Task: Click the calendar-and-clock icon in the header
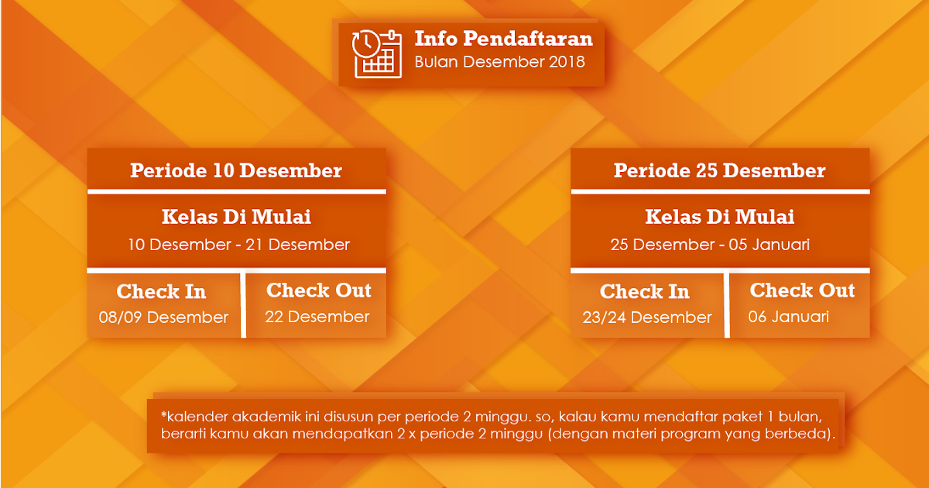point(376,54)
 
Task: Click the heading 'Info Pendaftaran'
point(504,39)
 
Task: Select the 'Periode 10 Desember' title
point(236,170)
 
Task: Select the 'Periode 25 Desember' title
point(719,170)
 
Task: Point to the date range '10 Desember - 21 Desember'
point(239,245)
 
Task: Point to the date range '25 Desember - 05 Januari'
point(710,245)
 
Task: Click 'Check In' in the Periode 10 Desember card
point(161,291)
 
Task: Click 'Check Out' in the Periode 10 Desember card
point(319,290)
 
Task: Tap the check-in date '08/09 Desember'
point(163,318)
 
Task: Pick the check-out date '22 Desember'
point(317,317)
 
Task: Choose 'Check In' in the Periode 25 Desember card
point(645,291)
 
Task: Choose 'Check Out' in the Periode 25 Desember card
point(803,290)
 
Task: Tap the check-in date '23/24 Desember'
point(647,318)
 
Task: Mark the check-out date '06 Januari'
point(788,317)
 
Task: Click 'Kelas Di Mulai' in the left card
point(236,217)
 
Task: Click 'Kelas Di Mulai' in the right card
point(719,217)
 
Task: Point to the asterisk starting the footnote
point(164,414)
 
